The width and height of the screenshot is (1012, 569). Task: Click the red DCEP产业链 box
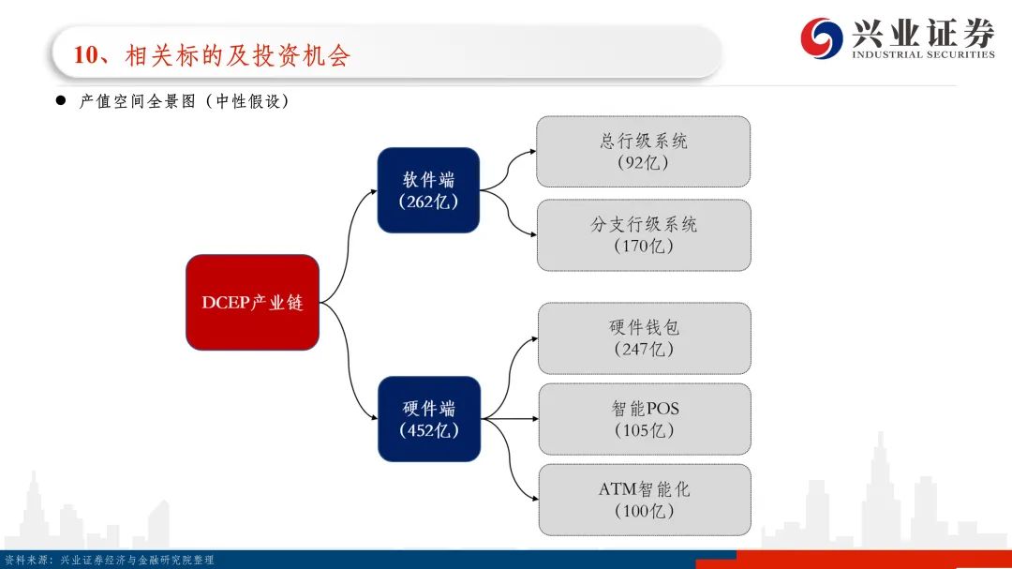click(252, 302)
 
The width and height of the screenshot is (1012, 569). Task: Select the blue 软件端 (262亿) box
click(428, 190)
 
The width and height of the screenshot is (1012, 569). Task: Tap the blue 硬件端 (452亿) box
click(429, 418)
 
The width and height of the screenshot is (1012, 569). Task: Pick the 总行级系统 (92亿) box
click(644, 152)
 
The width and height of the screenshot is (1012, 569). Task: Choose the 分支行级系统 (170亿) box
click(644, 235)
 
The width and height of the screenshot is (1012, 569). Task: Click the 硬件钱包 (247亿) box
click(645, 338)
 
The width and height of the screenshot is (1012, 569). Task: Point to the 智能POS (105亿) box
click(645, 419)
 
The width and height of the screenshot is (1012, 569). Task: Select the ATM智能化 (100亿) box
click(645, 500)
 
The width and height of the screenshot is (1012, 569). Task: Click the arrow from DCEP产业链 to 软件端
click(348, 247)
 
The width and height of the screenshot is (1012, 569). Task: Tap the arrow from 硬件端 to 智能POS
click(510, 418)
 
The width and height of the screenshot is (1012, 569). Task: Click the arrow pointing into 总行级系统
click(508, 171)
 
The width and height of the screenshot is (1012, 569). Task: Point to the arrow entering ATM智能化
click(510, 459)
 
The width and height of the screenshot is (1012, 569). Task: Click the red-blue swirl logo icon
click(822, 38)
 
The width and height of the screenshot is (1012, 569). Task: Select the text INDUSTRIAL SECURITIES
click(924, 55)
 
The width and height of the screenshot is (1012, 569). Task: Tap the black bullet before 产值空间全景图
click(61, 100)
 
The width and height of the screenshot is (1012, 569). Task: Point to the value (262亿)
click(428, 202)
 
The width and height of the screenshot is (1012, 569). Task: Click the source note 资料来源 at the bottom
click(109, 560)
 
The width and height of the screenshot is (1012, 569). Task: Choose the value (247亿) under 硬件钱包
click(644, 350)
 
